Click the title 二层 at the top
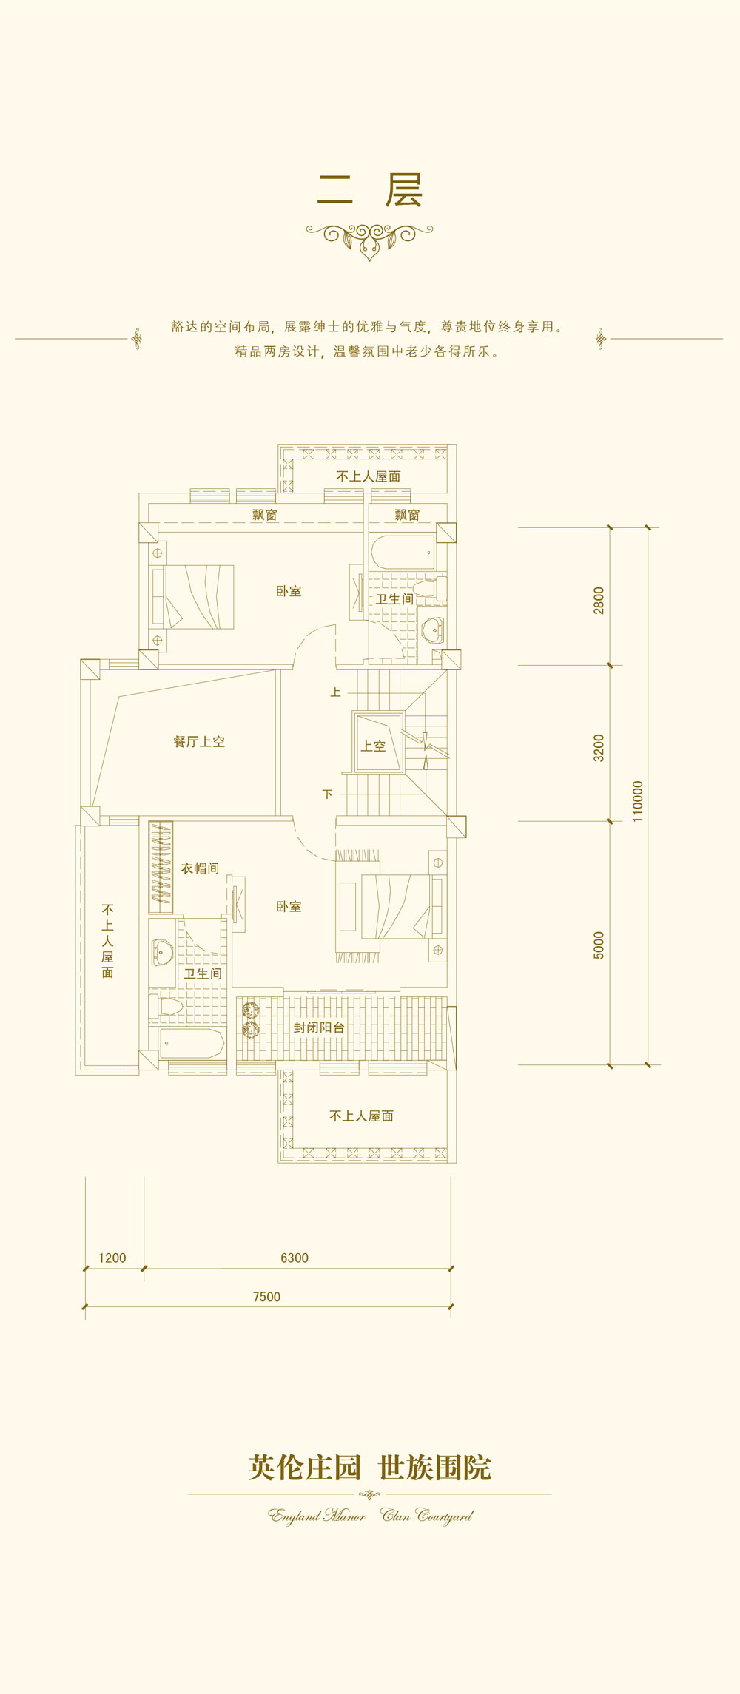click(x=370, y=190)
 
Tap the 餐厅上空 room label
click(x=199, y=741)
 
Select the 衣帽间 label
click(x=200, y=868)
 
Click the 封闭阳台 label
click(x=319, y=1027)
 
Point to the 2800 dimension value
click(x=599, y=600)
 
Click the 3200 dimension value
click(x=599, y=748)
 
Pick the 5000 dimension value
click(x=599, y=945)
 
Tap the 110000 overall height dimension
click(x=638, y=801)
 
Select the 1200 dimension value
click(x=112, y=1258)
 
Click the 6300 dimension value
click(x=295, y=1258)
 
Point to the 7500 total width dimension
click(x=266, y=1296)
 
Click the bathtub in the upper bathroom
click(x=403, y=553)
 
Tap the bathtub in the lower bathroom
click(x=192, y=1043)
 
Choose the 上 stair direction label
click(x=335, y=692)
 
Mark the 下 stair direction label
click(x=328, y=794)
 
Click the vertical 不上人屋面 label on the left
click(x=108, y=941)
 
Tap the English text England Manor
click(x=317, y=1516)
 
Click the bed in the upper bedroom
click(x=193, y=597)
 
